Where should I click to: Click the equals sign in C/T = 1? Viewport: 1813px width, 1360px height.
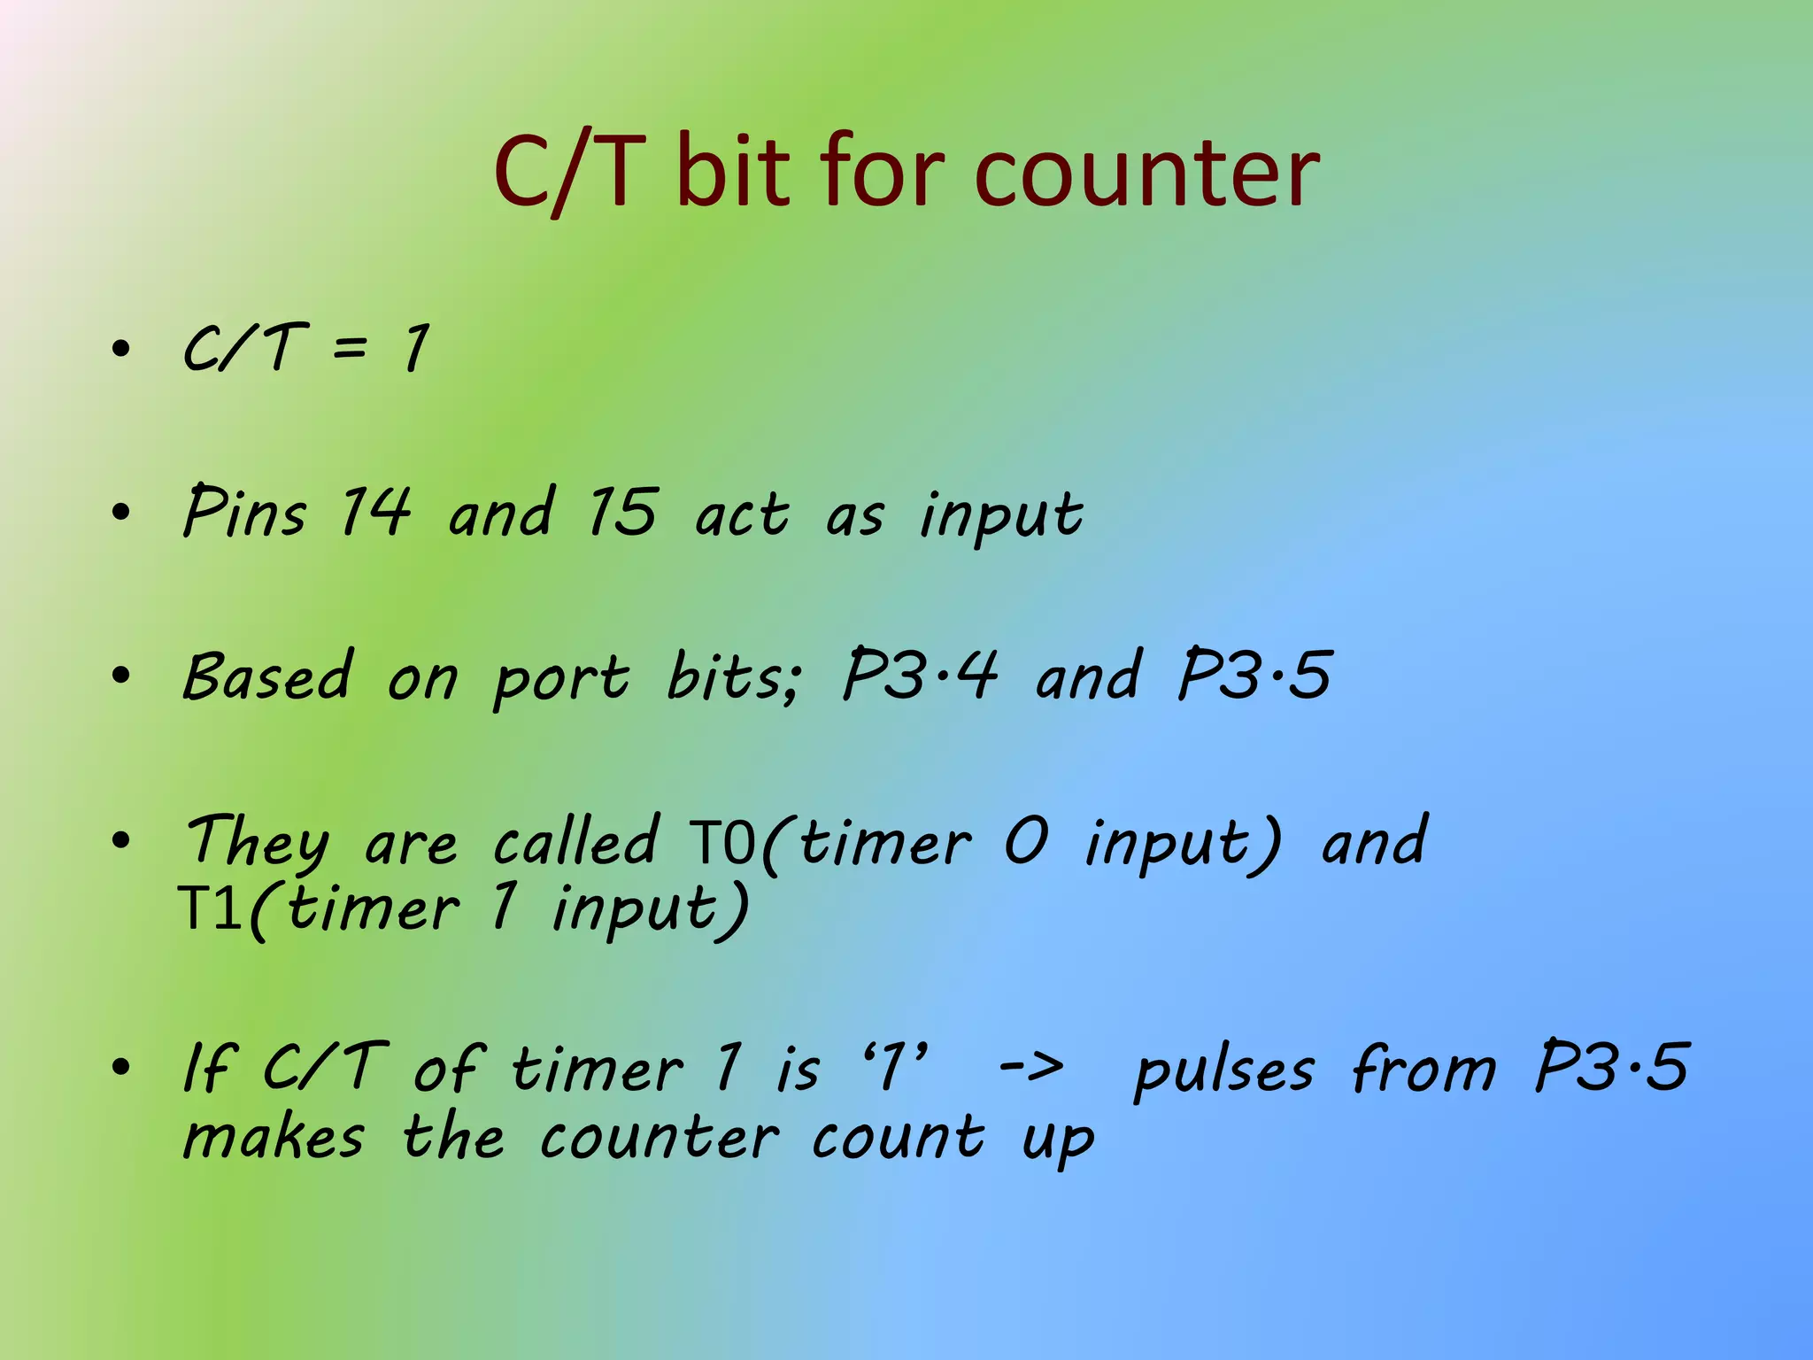(350, 348)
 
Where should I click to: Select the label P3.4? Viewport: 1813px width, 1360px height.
(919, 675)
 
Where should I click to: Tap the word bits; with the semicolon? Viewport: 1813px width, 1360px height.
(733, 676)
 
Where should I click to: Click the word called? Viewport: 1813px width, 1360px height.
(575, 840)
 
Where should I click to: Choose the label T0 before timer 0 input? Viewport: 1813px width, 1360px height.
(722, 842)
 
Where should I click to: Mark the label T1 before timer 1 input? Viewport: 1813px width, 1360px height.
(211, 908)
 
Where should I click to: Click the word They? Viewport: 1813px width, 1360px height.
(257, 842)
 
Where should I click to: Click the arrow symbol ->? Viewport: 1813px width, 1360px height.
(1031, 1067)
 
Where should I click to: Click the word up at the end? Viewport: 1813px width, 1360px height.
(1058, 1142)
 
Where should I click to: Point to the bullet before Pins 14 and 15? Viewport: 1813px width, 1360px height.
(121, 513)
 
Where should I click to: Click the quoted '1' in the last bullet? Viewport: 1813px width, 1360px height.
(896, 1065)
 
